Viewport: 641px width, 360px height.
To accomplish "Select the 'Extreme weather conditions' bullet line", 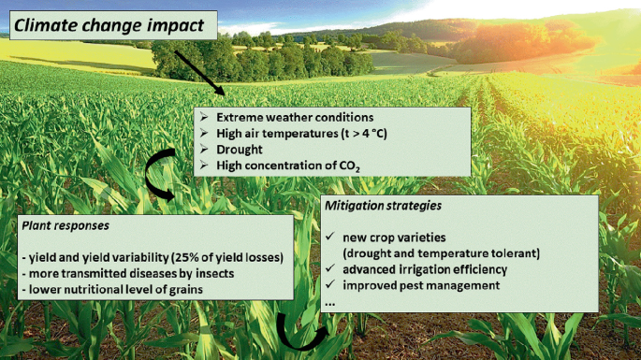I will point(295,118).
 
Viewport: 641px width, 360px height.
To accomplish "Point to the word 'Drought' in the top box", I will point(239,150).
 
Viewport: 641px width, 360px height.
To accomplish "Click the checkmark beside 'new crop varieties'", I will point(332,237).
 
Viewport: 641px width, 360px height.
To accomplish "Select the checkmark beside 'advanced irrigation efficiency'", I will point(332,269).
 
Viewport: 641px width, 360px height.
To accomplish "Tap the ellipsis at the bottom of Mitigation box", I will point(329,301).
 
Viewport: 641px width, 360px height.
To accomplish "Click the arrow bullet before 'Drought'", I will point(206,150).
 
